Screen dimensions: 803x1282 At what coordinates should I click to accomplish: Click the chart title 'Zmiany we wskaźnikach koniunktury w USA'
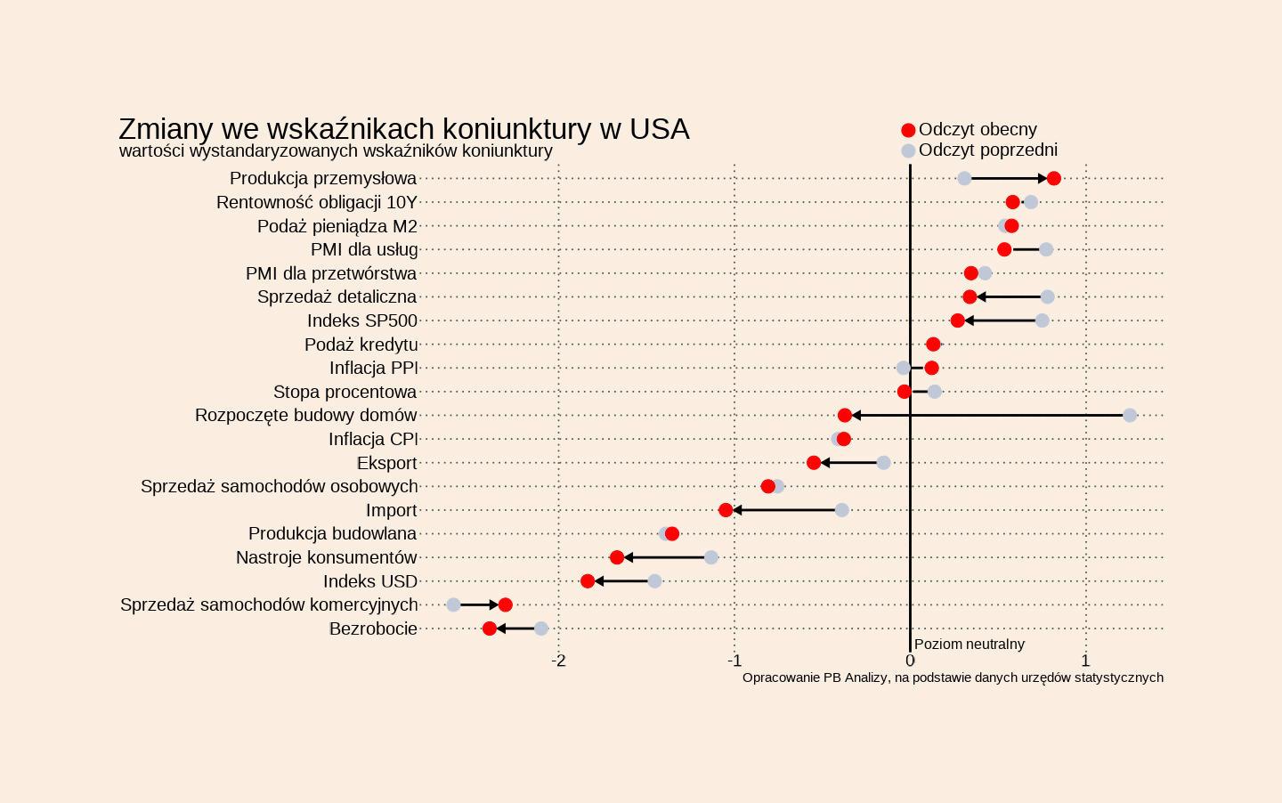tap(403, 129)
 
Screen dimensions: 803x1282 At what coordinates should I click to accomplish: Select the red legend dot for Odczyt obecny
tap(908, 130)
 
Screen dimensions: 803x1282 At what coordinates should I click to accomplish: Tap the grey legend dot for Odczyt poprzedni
tap(908, 150)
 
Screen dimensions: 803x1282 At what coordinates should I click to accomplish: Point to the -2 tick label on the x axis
tap(558, 661)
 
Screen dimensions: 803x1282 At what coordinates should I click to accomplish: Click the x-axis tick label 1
tap(1085, 661)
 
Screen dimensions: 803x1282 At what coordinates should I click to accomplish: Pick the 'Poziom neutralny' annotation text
tap(969, 644)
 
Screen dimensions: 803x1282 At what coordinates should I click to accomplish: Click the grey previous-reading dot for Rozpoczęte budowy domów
tap(1130, 415)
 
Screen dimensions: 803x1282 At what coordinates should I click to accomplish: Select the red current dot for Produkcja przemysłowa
tap(1054, 178)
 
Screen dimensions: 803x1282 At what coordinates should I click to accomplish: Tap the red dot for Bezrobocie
tap(490, 629)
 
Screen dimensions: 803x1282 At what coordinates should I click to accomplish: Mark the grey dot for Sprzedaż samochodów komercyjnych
tap(453, 604)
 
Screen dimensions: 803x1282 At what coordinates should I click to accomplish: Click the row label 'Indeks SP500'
tap(362, 320)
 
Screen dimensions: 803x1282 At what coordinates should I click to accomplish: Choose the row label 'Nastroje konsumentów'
tap(326, 557)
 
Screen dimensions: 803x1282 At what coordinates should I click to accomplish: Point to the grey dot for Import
tap(842, 510)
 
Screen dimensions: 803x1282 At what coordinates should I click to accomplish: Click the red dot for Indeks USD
tap(588, 581)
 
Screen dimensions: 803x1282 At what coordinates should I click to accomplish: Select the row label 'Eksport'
tap(386, 463)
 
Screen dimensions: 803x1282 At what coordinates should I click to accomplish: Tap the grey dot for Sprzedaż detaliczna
tap(1048, 296)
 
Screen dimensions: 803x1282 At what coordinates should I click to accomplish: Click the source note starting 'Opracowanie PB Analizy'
tap(953, 677)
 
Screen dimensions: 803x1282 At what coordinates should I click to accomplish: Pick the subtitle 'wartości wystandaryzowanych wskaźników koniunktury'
tap(336, 150)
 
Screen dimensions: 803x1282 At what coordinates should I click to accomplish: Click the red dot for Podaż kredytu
tap(933, 345)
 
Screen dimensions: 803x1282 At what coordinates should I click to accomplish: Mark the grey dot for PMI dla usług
tap(1046, 249)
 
